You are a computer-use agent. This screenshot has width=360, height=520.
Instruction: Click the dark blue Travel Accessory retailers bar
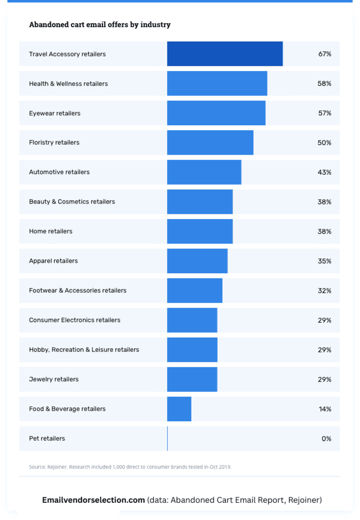coord(225,54)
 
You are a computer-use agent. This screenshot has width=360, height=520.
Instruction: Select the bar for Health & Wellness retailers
coord(217,84)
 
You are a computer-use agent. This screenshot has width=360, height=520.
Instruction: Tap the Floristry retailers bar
coord(210,142)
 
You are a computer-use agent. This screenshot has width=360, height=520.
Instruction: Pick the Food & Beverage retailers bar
coord(179,409)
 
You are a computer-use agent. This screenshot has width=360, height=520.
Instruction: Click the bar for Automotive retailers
coord(204,172)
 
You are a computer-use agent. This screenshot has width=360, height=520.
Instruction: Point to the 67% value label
coord(325,54)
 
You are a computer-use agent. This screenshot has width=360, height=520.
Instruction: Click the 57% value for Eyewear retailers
coord(325,113)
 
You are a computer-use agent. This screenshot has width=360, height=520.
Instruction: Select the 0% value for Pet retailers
coord(326,439)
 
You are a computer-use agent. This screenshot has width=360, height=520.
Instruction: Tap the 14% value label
coord(325,409)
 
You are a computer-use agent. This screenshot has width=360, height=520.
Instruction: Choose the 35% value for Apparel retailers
coord(325,261)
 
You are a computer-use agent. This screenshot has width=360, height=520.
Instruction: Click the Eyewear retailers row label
coord(55,113)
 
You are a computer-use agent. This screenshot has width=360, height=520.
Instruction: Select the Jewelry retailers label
coord(54,379)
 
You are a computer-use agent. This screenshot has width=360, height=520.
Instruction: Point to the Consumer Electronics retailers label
coord(75,320)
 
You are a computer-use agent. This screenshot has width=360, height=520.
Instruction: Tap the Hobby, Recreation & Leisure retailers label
coord(84,350)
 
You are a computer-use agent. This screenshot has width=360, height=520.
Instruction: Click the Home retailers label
coord(50,231)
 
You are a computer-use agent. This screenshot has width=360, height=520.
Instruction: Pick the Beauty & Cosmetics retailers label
coord(72,202)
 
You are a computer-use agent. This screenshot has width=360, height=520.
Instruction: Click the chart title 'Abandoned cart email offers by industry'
coord(100,24)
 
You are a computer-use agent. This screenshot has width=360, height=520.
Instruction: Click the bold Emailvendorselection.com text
coord(94,499)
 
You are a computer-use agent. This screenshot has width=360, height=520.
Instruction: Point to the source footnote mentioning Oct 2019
coord(130,467)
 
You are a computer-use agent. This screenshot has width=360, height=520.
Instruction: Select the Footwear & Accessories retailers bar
coord(195,290)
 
